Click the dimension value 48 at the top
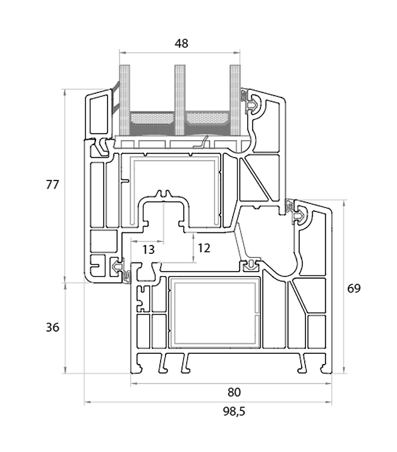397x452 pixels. pos(181,43)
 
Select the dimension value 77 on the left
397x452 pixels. pos(52,185)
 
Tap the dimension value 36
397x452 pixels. pos(52,327)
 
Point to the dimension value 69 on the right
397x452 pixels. pos(354,289)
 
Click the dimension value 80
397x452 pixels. pos(232,392)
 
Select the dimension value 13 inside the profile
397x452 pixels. pos(148,249)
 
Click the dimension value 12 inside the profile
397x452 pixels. pos(204,248)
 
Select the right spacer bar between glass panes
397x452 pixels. pos(208,118)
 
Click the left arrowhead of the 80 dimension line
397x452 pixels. pos(133,384)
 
